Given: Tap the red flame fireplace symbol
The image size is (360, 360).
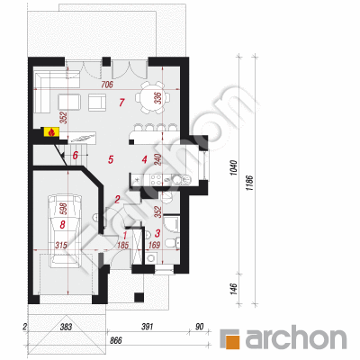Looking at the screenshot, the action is (x=51, y=132).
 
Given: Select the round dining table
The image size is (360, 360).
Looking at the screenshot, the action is (x=152, y=97).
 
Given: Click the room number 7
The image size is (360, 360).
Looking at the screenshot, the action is (x=121, y=103).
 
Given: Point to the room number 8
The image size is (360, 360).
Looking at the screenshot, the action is (x=62, y=224).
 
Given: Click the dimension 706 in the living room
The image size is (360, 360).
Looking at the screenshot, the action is (x=106, y=85).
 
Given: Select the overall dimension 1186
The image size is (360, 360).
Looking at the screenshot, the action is (x=251, y=183).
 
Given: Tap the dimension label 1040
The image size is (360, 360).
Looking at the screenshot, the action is (x=234, y=167).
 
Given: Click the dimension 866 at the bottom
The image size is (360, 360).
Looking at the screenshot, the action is (x=115, y=340).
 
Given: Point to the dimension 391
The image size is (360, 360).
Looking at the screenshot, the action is (x=148, y=327).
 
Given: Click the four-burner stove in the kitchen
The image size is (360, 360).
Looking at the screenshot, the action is (x=155, y=180).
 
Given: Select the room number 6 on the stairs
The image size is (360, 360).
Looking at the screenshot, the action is (x=76, y=155).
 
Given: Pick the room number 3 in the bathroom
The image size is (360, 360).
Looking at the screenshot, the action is (x=157, y=233).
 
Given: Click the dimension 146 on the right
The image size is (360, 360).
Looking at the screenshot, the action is (x=234, y=288).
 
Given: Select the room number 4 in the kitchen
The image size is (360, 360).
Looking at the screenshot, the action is (x=145, y=159).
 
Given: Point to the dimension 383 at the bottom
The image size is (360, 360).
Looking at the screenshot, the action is (x=66, y=327).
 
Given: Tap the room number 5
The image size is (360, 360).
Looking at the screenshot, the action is (x=111, y=159).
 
